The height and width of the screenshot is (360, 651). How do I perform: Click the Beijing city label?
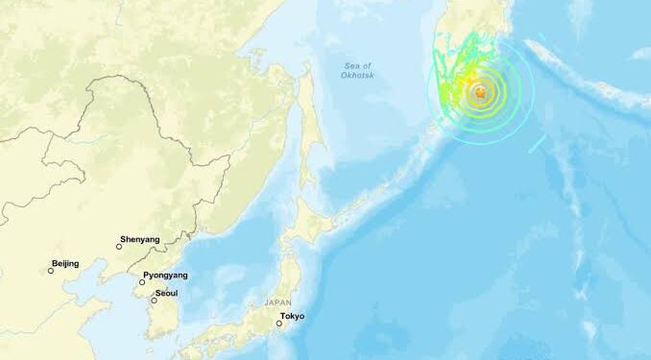[x=65, y=263]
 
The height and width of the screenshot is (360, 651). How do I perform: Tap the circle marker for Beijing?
[x=51, y=270]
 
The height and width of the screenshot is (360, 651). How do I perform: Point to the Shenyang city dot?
[x=119, y=247]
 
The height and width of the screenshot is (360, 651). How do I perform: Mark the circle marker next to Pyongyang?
[x=142, y=282]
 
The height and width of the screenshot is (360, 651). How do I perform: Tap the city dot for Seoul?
[x=154, y=300]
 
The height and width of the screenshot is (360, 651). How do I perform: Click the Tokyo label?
[x=292, y=317]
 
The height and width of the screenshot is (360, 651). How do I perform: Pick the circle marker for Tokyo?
[x=279, y=324]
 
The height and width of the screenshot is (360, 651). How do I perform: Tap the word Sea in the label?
[x=350, y=65]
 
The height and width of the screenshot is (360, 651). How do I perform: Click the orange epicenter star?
[x=479, y=92]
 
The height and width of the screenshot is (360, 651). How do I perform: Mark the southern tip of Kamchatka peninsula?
[x=443, y=127]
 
